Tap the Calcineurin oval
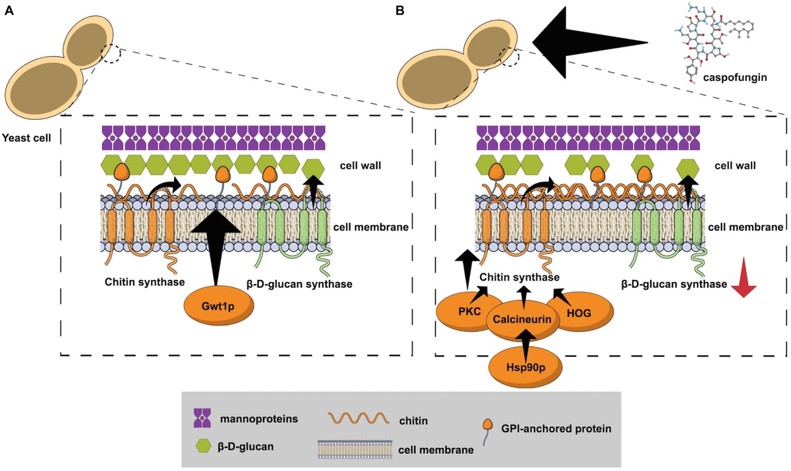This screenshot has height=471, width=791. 525,320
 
